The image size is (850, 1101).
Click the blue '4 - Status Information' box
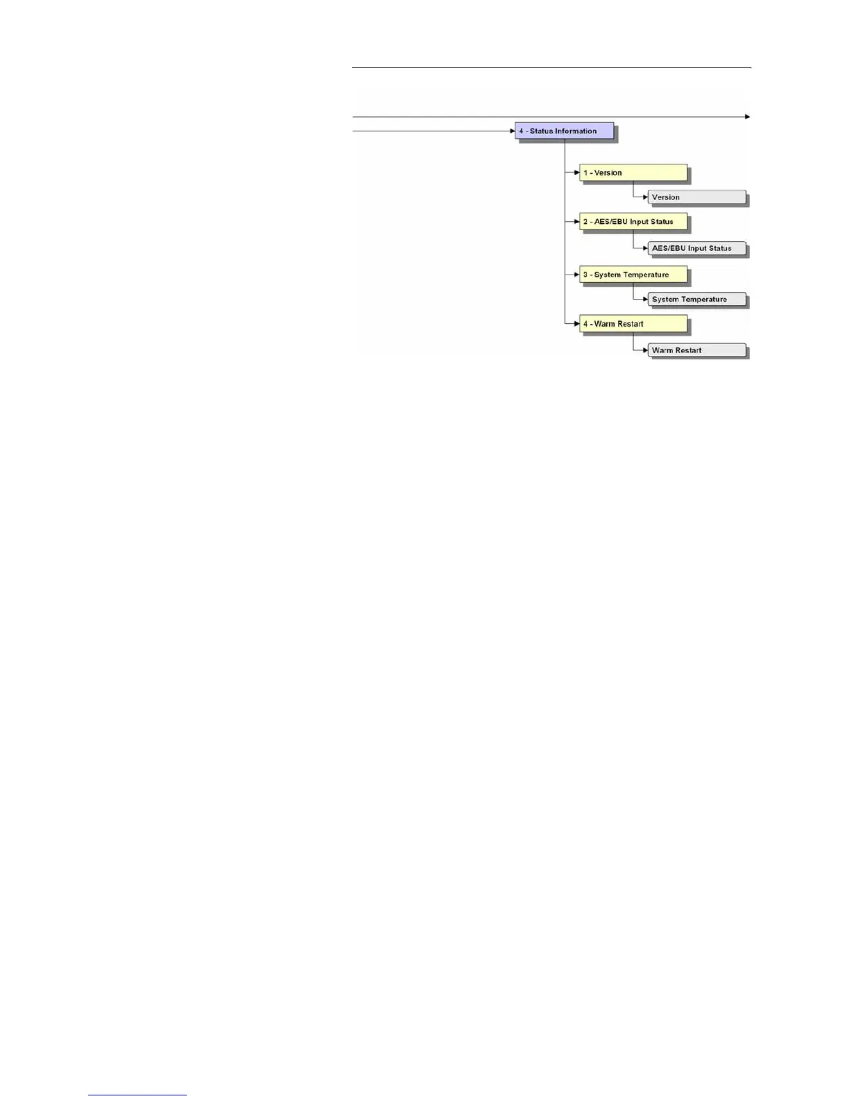pyautogui.click(x=564, y=131)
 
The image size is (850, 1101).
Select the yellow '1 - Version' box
pyautogui.click(x=633, y=172)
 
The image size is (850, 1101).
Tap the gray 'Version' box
pyautogui.click(x=697, y=197)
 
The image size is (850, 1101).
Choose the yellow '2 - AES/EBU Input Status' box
pyautogui.click(x=633, y=222)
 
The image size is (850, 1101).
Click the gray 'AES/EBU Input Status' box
pyautogui.click(x=697, y=248)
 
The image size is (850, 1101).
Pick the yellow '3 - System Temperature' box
pyautogui.click(x=633, y=275)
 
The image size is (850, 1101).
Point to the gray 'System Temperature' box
pyautogui.click(x=697, y=300)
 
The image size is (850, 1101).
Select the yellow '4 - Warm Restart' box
pyautogui.click(x=633, y=324)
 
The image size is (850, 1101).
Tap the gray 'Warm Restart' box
pyautogui.click(x=697, y=350)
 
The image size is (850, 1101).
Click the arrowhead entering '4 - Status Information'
pyautogui.click(x=512, y=131)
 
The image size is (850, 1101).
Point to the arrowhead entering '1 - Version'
pyautogui.click(x=576, y=172)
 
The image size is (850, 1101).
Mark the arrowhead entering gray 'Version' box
pyautogui.click(x=645, y=197)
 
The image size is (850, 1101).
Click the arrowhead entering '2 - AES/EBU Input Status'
pyautogui.click(x=576, y=222)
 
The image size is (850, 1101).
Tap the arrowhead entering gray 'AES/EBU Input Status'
pyautogui.click(x=645, y=248)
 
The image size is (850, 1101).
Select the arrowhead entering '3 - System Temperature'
pyautogui.click(x=576, y=275)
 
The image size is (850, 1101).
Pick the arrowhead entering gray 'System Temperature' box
pyautogui.click(x=645, y=300)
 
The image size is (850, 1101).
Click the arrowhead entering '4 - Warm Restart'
pyautogui.click(x=576, y=324)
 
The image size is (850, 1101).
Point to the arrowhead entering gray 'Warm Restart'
pyautogui.click(x=645, y=350)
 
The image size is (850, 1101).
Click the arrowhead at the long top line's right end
pyautogui.click(x=748, y=117)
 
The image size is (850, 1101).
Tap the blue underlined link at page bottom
pyautogui.click(x=137, y=1095)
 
